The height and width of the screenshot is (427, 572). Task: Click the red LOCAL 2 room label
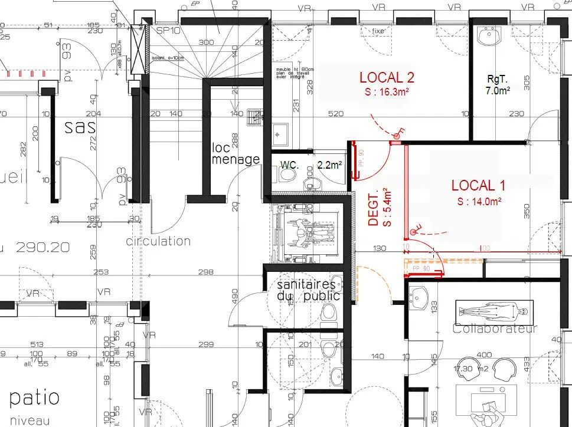387,77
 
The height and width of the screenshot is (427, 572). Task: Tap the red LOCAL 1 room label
478,185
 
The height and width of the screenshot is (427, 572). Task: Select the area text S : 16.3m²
387,92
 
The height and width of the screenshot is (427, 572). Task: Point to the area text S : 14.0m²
479,201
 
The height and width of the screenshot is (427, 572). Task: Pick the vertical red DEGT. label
373,208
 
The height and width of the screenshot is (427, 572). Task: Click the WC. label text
289,165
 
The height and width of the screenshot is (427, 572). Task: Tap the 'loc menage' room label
236,153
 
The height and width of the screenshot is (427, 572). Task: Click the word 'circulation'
158,241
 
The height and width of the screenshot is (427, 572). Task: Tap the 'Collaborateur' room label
495,329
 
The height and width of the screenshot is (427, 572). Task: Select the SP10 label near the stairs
168,29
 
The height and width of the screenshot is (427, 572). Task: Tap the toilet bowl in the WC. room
289,175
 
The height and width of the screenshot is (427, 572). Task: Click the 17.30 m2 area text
470,369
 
